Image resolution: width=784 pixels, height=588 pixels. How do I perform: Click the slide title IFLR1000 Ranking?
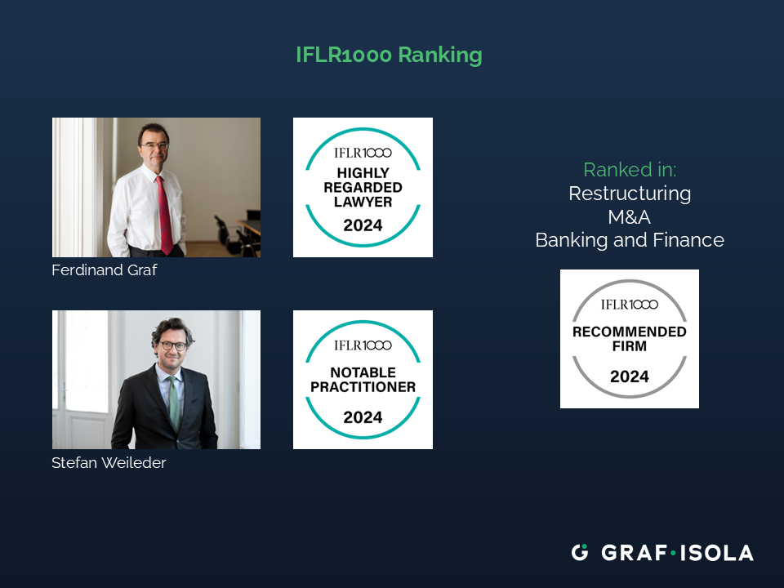point(389,55)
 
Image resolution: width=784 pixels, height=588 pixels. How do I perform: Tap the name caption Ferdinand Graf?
point(104,270)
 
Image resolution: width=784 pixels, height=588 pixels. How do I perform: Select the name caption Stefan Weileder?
point(109,462)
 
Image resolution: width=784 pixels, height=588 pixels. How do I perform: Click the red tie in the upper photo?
point(164,215)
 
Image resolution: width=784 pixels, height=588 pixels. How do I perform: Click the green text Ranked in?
point(630,170)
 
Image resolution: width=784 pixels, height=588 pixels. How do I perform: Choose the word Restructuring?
point(630,194)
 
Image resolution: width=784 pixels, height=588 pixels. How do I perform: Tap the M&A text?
point(630,217)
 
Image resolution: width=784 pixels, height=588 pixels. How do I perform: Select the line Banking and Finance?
point(630,240)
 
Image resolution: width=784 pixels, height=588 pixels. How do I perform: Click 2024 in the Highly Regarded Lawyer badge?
point(363,225)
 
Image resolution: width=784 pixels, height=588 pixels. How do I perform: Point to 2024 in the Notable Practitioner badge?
point(363,417)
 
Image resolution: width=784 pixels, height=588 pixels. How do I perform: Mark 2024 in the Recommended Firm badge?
point(630,376)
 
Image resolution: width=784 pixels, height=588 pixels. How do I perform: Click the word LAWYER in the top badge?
point(363,202)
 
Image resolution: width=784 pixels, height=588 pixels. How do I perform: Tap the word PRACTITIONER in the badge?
point(363,387)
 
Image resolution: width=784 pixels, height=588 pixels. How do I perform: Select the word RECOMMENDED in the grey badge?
point(630,332)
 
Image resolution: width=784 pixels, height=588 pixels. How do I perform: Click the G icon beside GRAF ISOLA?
point(580,553)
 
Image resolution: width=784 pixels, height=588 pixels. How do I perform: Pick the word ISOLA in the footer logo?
point(716,553)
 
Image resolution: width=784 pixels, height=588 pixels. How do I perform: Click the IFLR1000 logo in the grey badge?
point(630,305)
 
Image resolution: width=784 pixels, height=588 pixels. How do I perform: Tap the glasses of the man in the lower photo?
point(173,345)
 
